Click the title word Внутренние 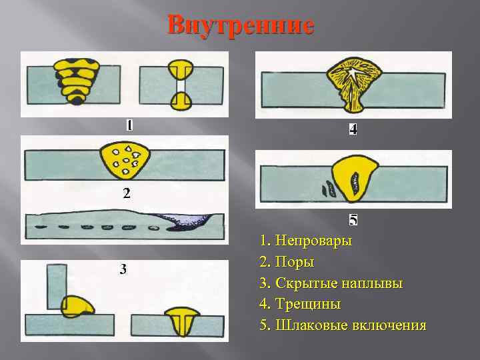[241, 25]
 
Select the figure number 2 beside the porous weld [126, 195]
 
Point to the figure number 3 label [123, 269]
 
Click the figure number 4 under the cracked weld [353, 130]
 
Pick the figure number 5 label [353, 219]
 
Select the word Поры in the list [295, 262]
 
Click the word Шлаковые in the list [308, 326]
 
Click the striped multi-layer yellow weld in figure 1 [77, 80]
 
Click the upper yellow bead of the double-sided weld [181, 69]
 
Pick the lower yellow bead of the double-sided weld [181, 101]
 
